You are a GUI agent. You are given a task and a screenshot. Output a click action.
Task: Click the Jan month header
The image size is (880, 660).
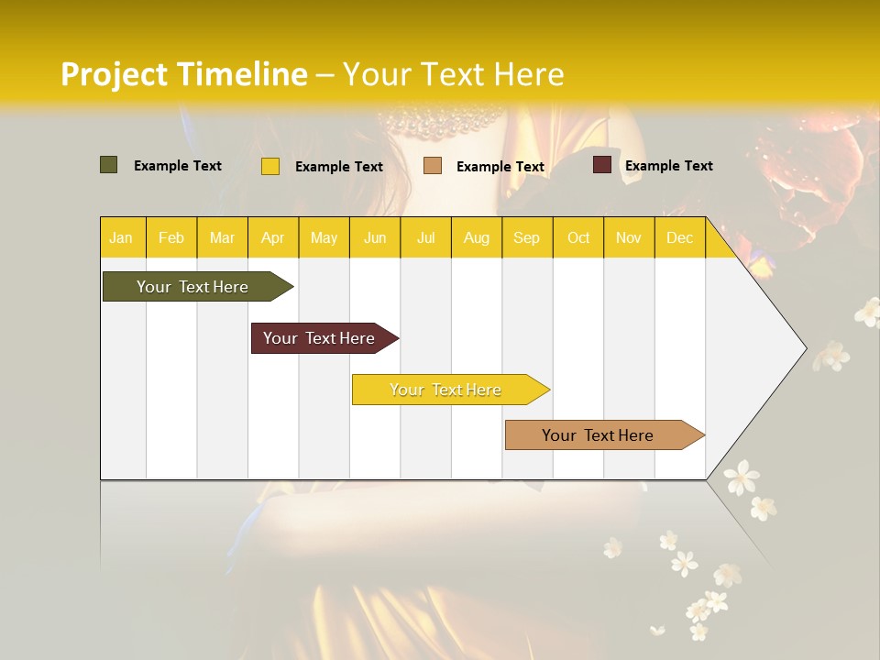[x=121, y=238]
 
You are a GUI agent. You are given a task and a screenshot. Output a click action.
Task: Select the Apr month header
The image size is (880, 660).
[x=273, y=238]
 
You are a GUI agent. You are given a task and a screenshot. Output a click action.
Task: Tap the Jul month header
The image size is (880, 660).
[x=425, y=238]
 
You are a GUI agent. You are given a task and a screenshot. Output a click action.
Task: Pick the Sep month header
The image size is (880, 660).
[x=526, y=238]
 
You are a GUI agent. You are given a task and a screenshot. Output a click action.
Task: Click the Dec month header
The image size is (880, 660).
[x=679, y=238]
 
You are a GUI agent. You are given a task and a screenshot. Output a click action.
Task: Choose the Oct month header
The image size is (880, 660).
[x=578, y=238]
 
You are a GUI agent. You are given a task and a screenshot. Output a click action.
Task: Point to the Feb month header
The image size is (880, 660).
[x=171, y=238]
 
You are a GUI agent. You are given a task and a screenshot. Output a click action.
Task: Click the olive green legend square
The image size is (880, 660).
[x=109, y=165]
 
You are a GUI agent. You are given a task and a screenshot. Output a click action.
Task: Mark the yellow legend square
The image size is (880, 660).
[x=270, y=166]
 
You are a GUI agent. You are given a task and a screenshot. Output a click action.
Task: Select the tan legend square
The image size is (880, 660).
[x=433, y=166]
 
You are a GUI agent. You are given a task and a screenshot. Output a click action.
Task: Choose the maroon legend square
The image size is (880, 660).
[x=602, y=165]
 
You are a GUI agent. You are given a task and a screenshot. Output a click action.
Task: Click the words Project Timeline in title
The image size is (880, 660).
[x=184, y=74]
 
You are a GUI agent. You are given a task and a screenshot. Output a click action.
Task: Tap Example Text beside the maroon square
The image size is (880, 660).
[x=668, y=166]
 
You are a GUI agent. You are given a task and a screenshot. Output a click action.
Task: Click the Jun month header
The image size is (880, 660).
[x=375, y=238]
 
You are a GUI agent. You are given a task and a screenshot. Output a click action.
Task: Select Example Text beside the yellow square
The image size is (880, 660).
[x=338, y=167]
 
